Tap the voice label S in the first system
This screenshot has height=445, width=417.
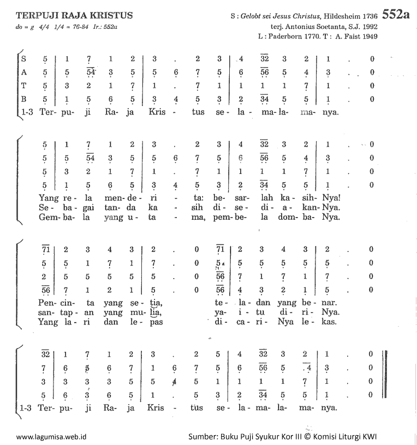click(22, 58)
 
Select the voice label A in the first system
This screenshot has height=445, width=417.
click(22, 72)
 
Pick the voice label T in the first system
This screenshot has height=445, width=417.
click(22, 86)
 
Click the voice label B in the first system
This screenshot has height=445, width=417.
click(22, 99)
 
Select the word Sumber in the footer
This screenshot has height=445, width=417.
click(202, 437)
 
